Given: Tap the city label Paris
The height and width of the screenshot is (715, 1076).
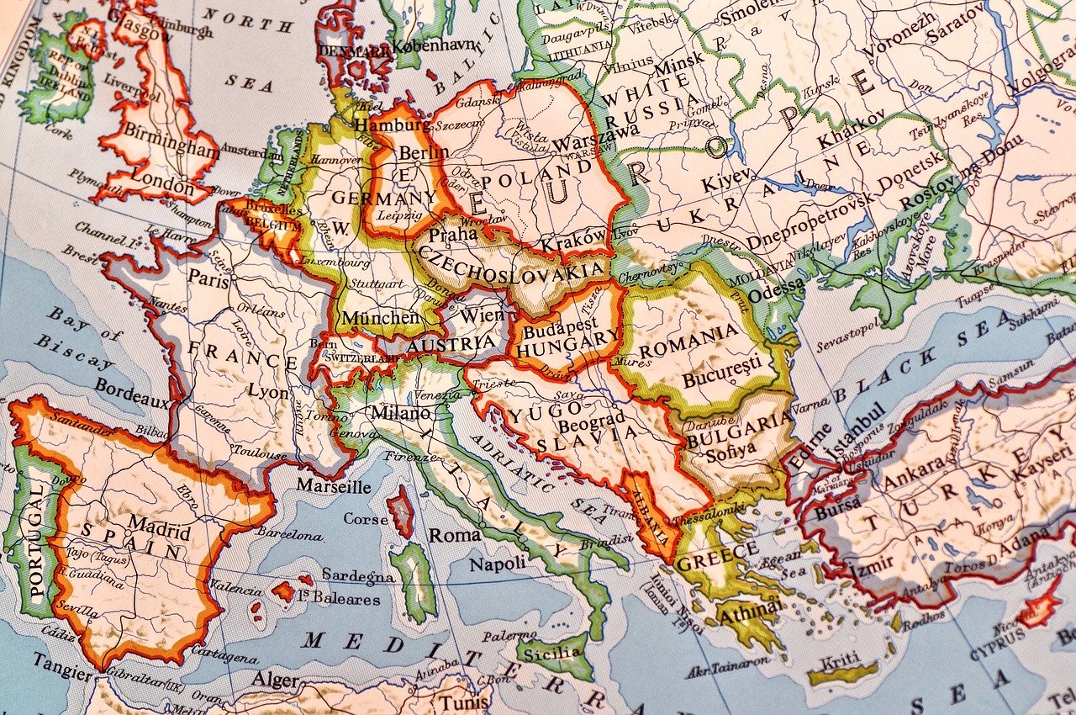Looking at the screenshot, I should [208, 279].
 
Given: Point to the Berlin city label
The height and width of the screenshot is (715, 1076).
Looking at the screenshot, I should [424, 153].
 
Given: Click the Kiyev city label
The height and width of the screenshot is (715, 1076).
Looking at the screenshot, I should [725, 182].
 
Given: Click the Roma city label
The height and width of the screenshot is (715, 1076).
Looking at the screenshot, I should [455, 535].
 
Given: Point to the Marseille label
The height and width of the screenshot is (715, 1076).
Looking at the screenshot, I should [334, 486].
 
